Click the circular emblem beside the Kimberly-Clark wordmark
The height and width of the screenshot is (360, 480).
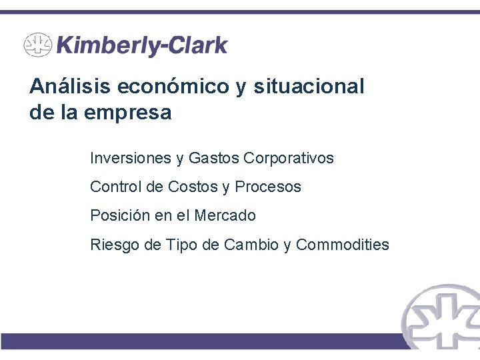point(37,45)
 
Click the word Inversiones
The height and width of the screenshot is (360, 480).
point(130,159)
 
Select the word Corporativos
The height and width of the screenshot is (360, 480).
point(289,159)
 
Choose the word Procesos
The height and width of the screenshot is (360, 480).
point(268,187)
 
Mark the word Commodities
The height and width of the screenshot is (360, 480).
point(343,245)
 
